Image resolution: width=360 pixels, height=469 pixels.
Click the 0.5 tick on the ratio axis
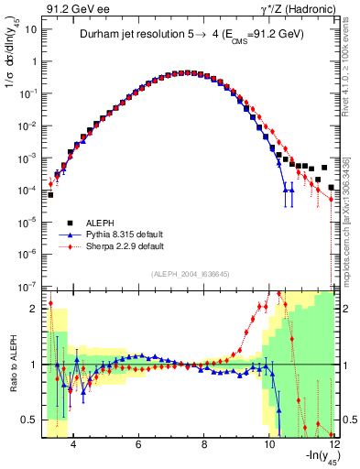click(x=31, y=420)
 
